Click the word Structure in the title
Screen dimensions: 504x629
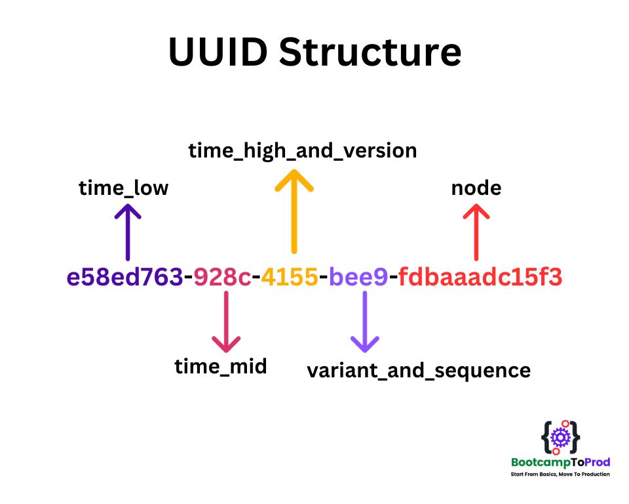pyautogui.click(x=370, y=52)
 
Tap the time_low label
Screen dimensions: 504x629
pyautogui.click(x=124, y=188)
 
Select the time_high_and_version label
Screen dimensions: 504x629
pyautogui.click(x=303, y=150)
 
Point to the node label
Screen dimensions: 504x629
pyautogui.click(x=476, y=188)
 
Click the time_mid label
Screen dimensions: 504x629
pyautogui.click(x=221, y=366)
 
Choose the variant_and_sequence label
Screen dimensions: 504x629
pyautogui.click(x=419, y=370)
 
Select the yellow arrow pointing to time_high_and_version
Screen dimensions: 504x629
pyautogui.click(x=294, y=210)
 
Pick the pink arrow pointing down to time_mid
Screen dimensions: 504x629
pyautogui.click(x=226, y=322)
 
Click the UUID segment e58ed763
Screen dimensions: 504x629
pyautogui.click(x=124, y=278)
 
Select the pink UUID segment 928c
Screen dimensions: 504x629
pyautogui.click(x=222, y=278)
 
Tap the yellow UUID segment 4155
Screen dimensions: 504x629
pyautogui.click(x=290, y=278)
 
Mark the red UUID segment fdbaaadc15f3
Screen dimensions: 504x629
pyautogui.click(x=480, y=278)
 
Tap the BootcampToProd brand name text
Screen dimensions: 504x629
pyautogui.click(x=560, y=462)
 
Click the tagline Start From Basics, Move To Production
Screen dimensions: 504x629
pyautogui.click(x=560, y=474)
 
